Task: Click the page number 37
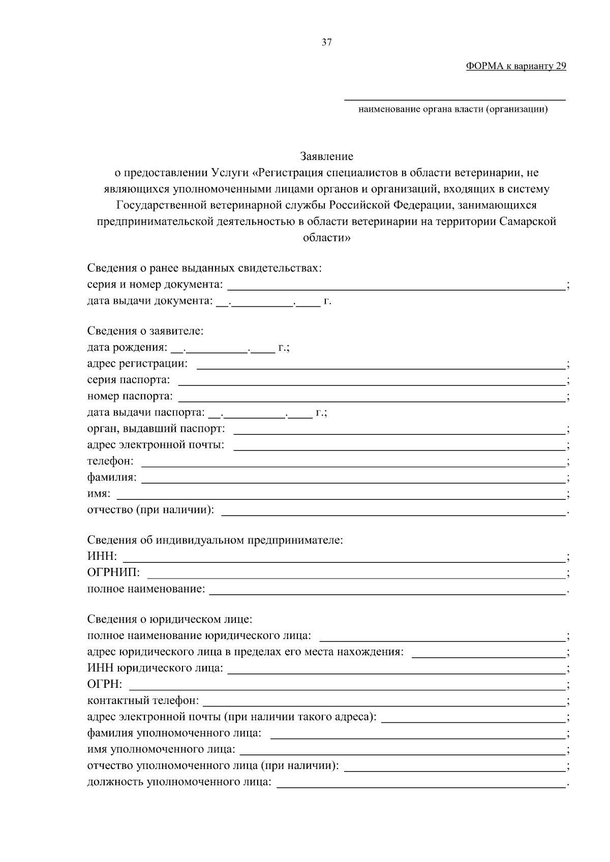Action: point(327,43)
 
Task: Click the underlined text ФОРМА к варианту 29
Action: point(515,66)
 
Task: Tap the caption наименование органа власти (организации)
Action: point(453,109)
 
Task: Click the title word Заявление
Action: point(326,156)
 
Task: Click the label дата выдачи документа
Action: point(149,301)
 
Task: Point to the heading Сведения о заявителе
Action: point(145,331)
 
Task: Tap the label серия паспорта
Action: point(129,380)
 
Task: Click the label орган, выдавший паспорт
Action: point(156,429)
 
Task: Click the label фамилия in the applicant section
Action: point(112,477)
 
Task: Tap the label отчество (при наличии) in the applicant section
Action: point(150,509)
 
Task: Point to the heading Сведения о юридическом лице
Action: point(170,619)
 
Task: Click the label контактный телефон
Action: point(143,701)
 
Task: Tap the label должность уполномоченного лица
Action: point(179,782)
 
